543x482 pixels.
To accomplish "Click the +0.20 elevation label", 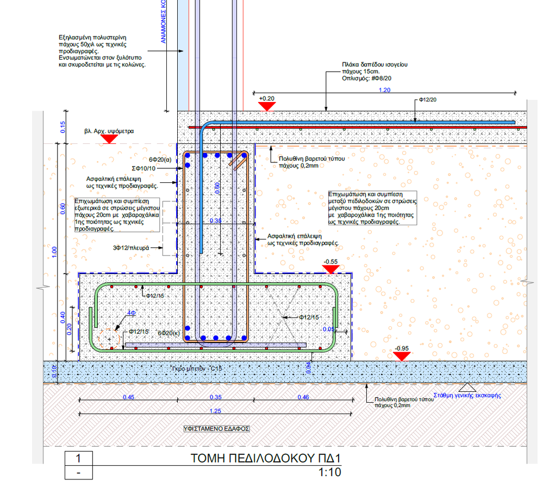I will click(x=266, y=98).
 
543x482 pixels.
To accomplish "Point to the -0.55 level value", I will click(x=330, y=261).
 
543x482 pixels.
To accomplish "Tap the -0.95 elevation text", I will click(x=402, y=348).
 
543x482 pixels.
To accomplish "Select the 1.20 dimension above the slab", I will click(x=384, y=90).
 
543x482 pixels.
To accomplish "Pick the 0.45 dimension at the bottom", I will click(x=128, y=397).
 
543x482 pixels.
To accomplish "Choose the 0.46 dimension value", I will click(x=304, y=397).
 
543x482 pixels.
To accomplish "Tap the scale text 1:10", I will click(x=329, y=472).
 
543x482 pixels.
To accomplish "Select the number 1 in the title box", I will click(x=79, y=458).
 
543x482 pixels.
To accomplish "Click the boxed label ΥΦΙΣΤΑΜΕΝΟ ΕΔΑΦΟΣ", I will click(x=216, y=428).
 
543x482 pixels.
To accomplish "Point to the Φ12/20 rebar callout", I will click(x=428, y=100).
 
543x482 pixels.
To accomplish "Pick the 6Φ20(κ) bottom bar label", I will click(x=169, y=332).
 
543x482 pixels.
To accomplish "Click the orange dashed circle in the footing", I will click(x=110, y=339).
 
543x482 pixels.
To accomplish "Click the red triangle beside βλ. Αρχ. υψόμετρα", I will click(x=110, y=139).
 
